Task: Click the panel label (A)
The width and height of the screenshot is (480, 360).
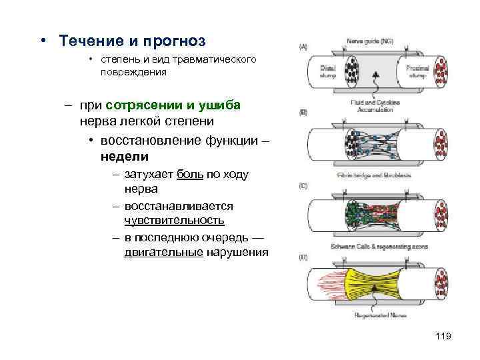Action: tap(303, 47)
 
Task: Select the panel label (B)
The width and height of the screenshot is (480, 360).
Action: tap(303, 113)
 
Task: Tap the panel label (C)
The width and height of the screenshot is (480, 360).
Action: tap(303, 186)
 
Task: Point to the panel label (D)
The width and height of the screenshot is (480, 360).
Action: tap(303, 257)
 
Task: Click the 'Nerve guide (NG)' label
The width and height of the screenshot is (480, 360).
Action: tap(370, 41)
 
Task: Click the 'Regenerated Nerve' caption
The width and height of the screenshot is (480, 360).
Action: tap(370, 315)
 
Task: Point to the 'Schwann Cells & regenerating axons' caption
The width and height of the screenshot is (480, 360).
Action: tap(370, 247)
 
